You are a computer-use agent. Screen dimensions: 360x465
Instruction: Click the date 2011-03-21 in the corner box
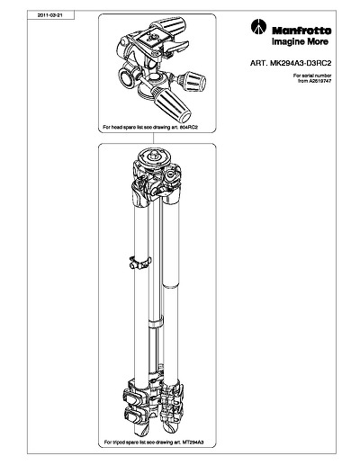point(50,15)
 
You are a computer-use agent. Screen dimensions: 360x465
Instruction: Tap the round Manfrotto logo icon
point(258,27)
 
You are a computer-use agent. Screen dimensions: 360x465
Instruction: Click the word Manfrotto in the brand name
point(301,31)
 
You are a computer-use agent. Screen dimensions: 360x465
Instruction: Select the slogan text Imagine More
point(300,41)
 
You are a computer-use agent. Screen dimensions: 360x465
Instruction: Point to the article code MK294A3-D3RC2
point(301,63)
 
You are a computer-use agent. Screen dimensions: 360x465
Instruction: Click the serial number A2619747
point(320,81)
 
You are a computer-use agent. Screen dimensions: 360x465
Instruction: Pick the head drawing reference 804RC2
point(189,127)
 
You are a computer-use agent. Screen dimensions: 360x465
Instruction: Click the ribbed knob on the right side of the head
point(193,80)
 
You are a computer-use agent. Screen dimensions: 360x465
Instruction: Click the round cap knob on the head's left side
point(127,77)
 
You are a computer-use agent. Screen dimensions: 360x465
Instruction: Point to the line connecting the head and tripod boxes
point(154,138)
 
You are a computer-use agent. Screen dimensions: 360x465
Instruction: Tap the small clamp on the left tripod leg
point(139,263)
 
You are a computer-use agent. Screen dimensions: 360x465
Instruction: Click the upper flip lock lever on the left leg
point(132,398)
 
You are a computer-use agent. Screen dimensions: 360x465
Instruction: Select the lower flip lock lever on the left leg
point(133,416)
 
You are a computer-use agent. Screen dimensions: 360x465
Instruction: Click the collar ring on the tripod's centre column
point(156,324)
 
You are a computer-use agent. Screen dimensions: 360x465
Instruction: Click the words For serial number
point(312,76)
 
